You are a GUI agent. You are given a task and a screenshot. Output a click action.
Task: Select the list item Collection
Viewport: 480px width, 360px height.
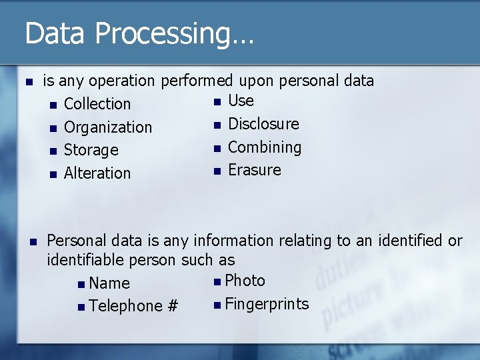[97, 104]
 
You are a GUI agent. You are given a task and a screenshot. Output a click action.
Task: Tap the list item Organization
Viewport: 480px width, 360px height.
[108, 127]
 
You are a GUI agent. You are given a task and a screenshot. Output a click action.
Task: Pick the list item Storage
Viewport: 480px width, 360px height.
[91, 151]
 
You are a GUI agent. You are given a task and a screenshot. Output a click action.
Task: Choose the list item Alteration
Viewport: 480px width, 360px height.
[97, 173]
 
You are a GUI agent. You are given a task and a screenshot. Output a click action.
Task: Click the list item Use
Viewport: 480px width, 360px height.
[241, 101]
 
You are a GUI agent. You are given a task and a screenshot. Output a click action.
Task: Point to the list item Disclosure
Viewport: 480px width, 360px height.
[263, 124]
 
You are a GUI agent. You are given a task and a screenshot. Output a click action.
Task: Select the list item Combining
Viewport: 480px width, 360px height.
[265, 147]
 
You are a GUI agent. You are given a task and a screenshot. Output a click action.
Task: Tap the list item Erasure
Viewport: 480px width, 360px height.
[255, 170]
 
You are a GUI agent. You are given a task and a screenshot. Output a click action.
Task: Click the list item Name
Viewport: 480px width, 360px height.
[109, 283]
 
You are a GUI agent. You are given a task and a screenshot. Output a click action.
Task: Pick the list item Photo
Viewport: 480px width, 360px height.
[245, 281]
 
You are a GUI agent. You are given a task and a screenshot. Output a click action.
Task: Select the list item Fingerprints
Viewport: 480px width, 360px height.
[267, 305]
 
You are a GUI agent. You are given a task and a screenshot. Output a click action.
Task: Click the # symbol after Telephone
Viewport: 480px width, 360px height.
[173, 306]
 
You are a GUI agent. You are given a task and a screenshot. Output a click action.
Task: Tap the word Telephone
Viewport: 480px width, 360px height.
[125, 306]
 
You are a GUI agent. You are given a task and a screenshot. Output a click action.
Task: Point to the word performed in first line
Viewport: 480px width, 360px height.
[195, 81]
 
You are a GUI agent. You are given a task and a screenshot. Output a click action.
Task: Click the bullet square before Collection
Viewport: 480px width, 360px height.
[53, 105]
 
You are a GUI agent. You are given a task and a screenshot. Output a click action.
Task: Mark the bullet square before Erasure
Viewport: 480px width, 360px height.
[216, 171]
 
